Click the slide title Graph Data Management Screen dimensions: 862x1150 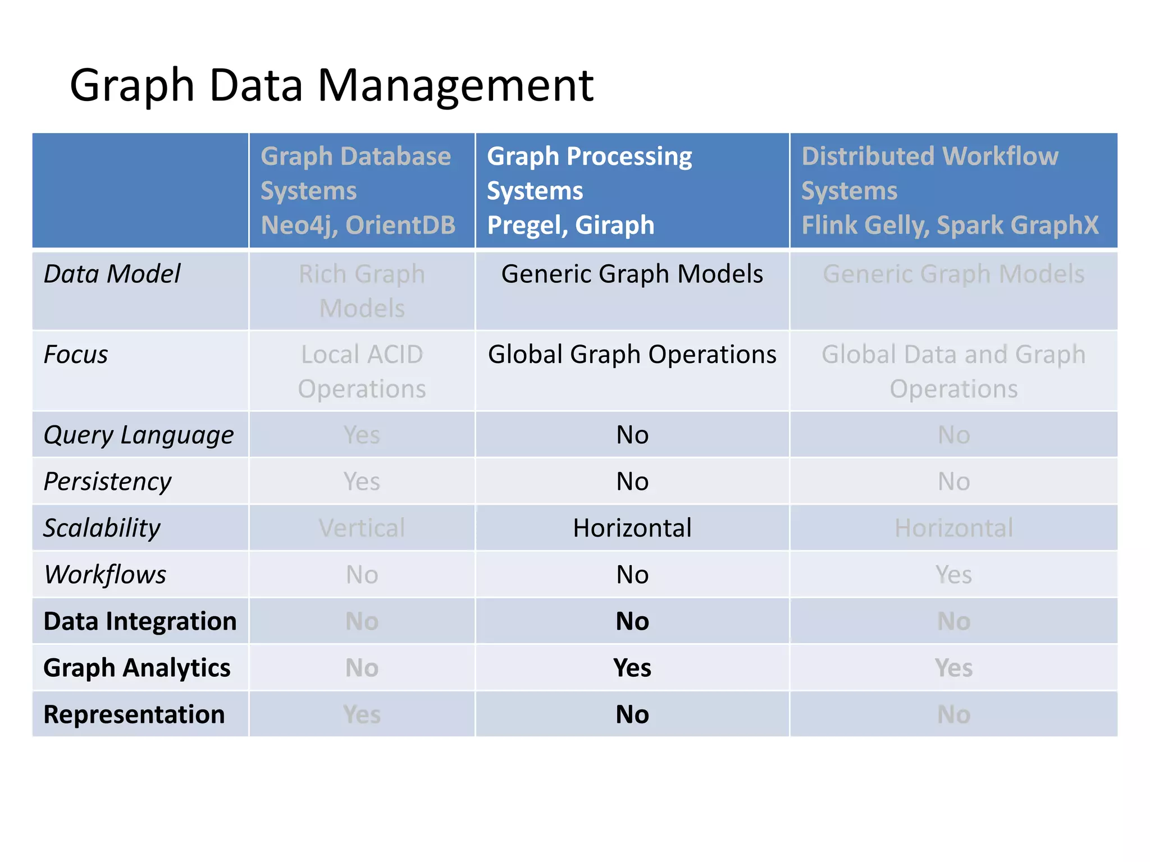[331, 85]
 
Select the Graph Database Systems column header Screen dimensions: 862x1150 [358, 190]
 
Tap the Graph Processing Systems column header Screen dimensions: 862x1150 [589, 190]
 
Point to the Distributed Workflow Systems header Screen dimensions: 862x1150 [949, 190]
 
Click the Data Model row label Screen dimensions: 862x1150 [112, 274]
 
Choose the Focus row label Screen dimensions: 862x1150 [76, 355]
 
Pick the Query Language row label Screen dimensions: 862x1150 [139, 435]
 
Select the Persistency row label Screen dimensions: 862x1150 [107, 482]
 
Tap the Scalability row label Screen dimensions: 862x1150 [102, 528]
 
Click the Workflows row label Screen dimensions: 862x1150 [105, 575]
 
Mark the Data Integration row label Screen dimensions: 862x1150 [140, 621]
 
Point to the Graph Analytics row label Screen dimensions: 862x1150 [136, 668]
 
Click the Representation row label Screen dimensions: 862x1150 [134, 714]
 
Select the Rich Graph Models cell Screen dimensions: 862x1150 [362, 291]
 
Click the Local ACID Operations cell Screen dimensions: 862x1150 [362, 371]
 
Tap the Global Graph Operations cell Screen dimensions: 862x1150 [632, 355]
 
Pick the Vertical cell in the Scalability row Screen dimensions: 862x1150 [362, 528]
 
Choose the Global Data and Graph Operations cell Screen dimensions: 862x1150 [953, 371]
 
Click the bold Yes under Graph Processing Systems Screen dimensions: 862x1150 [632, 668]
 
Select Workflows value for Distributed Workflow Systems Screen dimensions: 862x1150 [953, 575]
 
